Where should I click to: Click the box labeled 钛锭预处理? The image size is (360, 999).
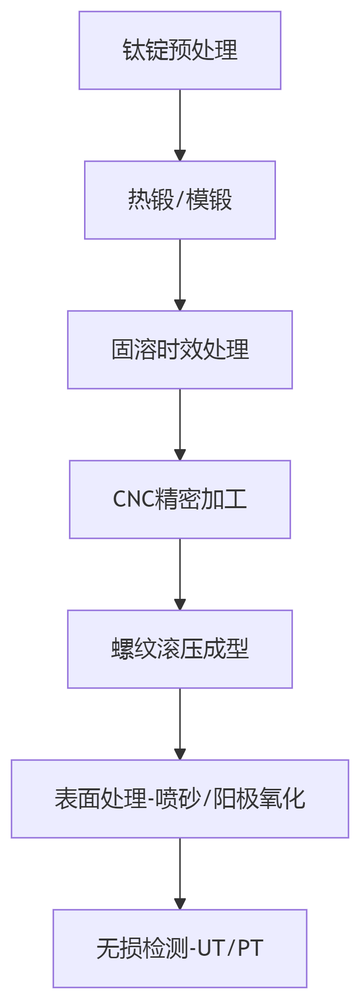pos(180,50)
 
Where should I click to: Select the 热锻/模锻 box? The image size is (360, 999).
pos(180,200)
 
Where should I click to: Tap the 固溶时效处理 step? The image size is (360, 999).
pos(180,350)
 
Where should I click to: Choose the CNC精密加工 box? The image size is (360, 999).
pos(180,499)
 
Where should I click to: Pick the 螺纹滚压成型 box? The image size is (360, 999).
pos(180,649)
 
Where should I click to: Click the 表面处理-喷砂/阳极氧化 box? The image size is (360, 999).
pos(180,799)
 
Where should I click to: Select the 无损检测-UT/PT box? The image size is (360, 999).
pos(180,949)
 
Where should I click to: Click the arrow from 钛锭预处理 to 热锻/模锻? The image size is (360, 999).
pos(180,125)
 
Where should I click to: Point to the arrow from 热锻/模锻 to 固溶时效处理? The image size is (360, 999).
pos(180,274)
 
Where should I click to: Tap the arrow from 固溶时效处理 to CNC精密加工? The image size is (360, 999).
pos(180,424)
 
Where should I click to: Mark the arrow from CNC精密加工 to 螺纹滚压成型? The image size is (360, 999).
pos(180,574)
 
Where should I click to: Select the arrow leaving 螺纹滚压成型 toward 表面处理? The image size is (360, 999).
pos(180,724)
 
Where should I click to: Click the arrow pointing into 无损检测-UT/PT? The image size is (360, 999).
pos(180,873)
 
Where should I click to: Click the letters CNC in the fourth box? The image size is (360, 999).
pos(133,499)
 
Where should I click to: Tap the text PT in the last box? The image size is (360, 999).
pos(250,949)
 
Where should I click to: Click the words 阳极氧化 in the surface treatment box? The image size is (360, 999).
pos(259,799)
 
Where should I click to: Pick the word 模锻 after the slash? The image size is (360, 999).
pos(209,200)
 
